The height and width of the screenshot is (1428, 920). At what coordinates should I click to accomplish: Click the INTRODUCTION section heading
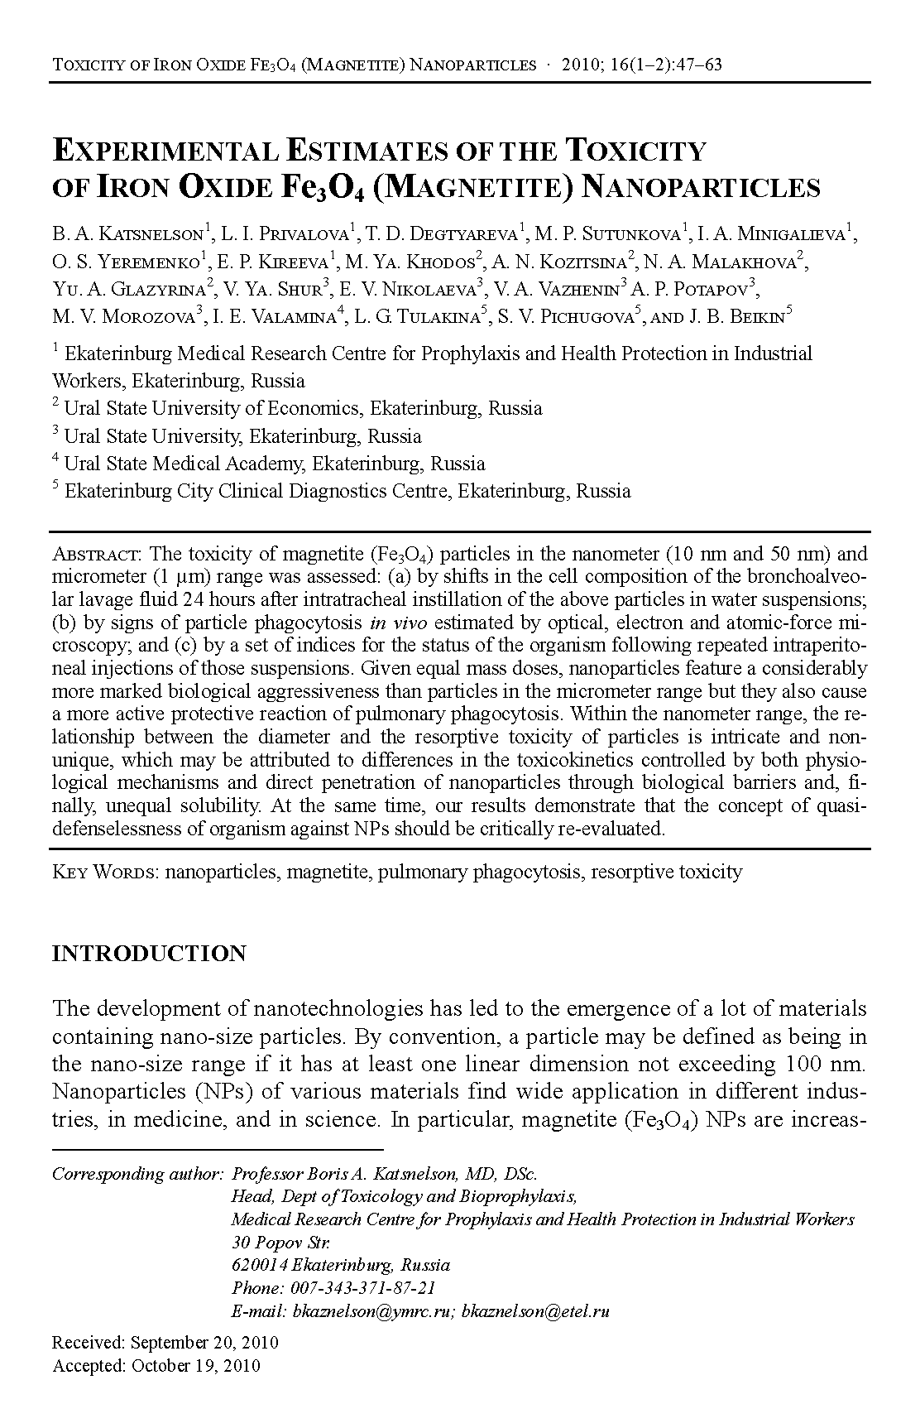click(149, 954)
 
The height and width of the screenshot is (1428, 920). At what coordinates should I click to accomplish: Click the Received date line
click(165, 1342)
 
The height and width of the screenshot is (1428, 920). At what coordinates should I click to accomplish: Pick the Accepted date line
click(156, 1365)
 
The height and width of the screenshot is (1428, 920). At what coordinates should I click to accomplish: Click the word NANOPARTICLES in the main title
click(702, 188)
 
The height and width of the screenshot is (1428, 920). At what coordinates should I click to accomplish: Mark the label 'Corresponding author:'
click(137, 1174)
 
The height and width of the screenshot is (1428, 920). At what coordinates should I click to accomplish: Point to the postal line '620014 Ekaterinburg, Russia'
click(341, 1265)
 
